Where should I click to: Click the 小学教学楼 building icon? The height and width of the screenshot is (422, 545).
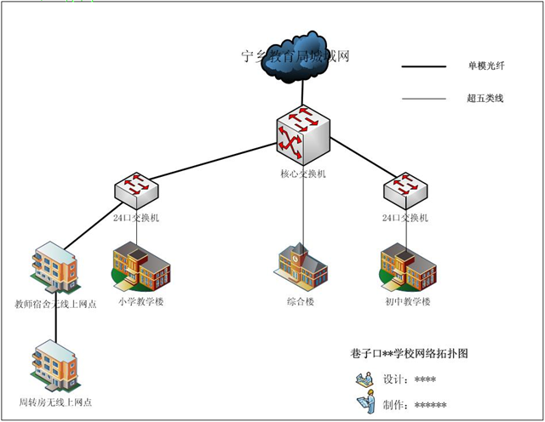pyautogui.click(x=141, y=265)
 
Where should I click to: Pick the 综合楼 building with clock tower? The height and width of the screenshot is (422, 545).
pyautogui.click(x=301, y=265)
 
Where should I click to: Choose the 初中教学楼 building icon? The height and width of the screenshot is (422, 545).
pyautogui.click(x=407, y=265)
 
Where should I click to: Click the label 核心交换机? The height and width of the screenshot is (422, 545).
pyautogui.click(x=302, y=174)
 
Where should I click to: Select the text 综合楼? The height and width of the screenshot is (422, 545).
pyautogui.click(x=301, y=302)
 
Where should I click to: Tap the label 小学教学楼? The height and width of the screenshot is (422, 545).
pyautogui.click(x=141, y=302)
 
